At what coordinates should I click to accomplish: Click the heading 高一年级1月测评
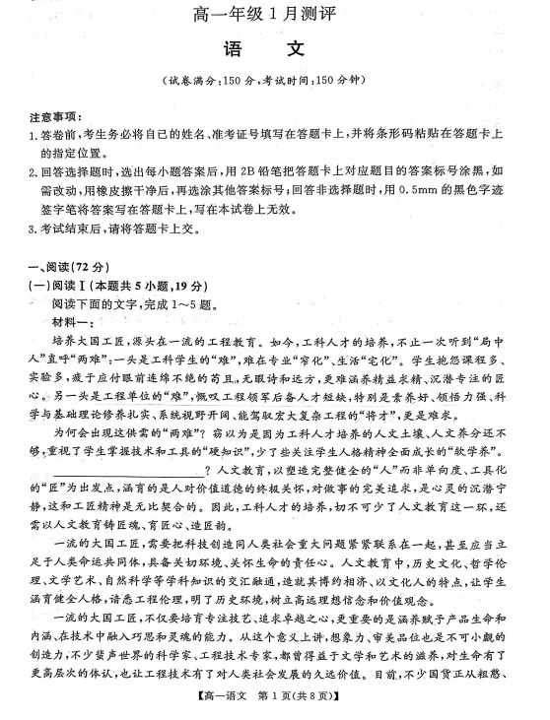274,14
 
